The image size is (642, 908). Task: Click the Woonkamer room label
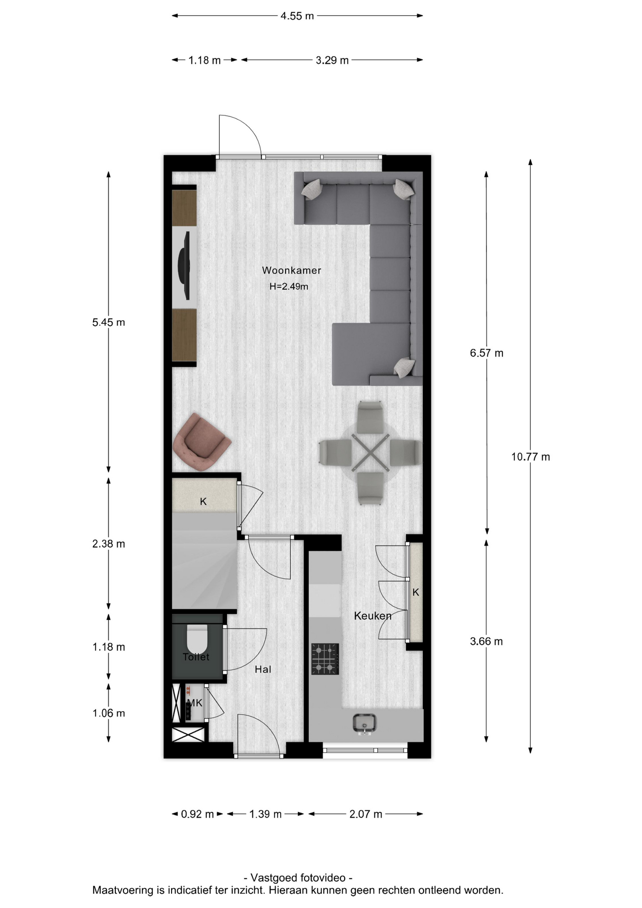(291, 271)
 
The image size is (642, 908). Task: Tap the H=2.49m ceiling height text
(289, 286)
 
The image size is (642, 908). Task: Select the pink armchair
(201, 442)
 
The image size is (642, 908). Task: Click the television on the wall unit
(184, 265)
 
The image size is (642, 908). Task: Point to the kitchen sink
(364, 724)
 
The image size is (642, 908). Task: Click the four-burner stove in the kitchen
(325, 659)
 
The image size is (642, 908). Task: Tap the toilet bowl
(197, 639)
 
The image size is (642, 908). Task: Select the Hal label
(263, 669)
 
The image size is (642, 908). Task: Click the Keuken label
(373, 616)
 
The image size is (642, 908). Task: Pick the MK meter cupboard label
(195, 703)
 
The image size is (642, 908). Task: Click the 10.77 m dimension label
(530, 457)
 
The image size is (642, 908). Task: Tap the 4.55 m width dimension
(297, 16)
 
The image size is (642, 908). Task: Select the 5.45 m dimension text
(109, 323)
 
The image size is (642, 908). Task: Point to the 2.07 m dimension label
(365, 814)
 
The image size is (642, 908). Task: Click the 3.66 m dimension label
(486, 641)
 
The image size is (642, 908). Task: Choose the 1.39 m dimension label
(265, 814)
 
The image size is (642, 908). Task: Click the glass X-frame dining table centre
(370, 453)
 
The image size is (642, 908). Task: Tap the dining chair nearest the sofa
(370, 417)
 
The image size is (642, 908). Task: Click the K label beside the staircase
(203, 501)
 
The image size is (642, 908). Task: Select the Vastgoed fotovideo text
(298, 878)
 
